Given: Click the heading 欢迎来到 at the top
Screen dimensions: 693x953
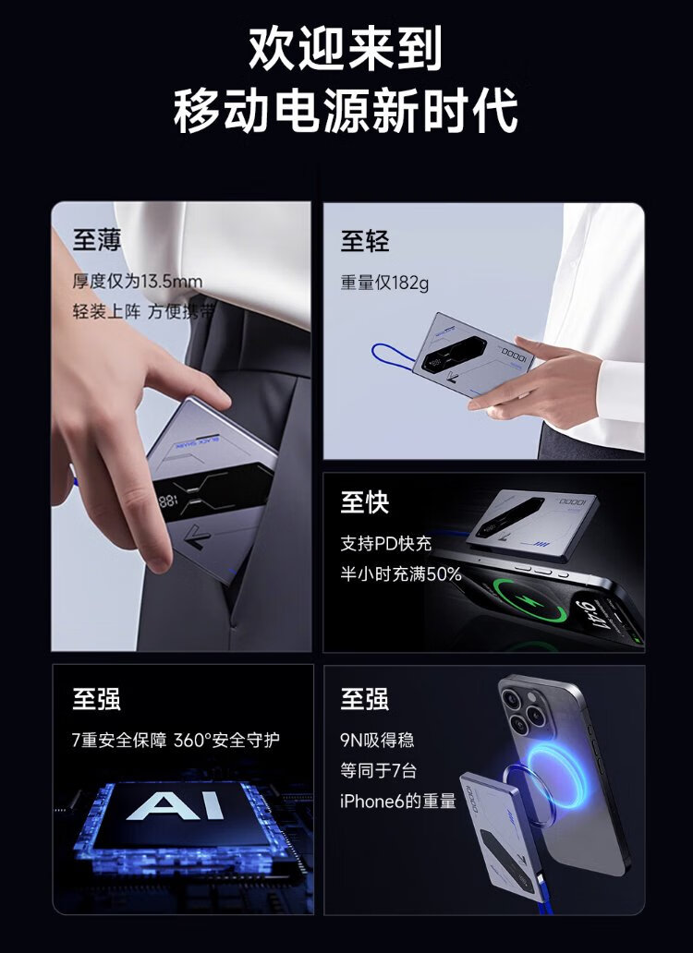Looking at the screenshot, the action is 346,48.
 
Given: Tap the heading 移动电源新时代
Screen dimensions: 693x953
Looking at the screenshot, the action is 346,111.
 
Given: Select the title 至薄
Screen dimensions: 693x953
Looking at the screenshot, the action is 97,239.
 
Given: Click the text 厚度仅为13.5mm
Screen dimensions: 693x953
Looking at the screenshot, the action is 138,282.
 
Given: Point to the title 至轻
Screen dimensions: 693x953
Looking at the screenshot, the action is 365,241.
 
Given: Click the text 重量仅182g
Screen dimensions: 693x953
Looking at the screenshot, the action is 384,283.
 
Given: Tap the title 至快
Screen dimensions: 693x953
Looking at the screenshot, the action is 365,502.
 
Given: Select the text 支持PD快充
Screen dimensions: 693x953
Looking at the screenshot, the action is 386,543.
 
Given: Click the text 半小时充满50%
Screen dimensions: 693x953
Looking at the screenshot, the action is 401,573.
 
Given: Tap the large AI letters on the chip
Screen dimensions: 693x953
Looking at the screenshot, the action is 175,806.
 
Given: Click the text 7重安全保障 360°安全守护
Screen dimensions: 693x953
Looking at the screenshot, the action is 176,740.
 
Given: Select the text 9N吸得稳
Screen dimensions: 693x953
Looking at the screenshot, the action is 377,740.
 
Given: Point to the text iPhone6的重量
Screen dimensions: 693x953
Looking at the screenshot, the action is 398,801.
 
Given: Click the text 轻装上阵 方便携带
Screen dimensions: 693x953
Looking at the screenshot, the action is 143,312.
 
